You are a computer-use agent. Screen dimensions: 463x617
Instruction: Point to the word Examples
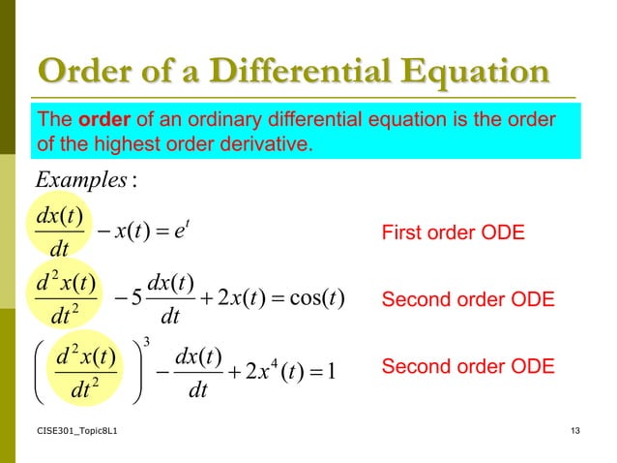click(x=73, y=180)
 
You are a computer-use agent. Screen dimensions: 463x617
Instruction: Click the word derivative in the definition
click(x=270, y=145)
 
